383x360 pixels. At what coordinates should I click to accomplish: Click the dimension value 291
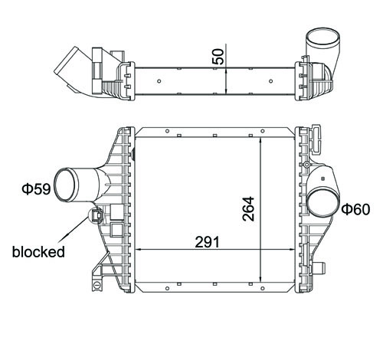207,242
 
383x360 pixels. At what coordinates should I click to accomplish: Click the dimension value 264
248,208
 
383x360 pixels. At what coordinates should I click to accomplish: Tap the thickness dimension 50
218,57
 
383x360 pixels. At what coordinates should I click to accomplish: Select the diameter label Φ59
36,189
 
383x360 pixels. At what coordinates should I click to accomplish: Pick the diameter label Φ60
355,209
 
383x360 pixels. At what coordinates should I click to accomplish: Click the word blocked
38,252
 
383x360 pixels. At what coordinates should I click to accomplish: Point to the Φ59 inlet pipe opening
65,185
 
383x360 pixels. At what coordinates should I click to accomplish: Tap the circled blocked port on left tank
96,215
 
